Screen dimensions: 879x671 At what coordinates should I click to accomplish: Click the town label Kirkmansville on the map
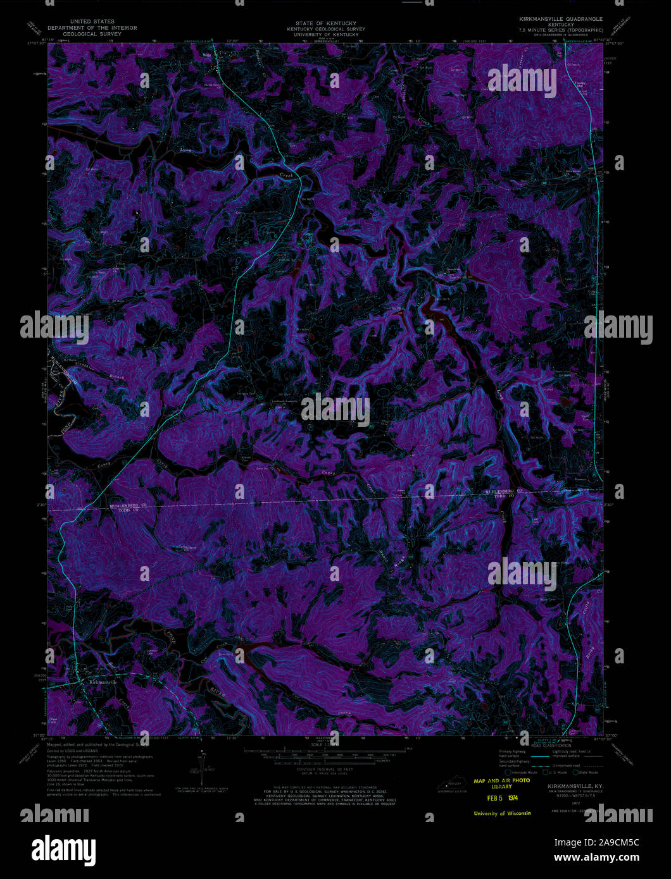click(101, 682)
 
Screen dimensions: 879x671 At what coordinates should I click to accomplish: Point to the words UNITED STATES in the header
click(94, 22)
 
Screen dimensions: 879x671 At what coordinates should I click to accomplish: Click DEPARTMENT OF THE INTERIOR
click(94, 28)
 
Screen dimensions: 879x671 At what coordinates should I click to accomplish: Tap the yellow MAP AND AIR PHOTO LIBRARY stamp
click(501, 784)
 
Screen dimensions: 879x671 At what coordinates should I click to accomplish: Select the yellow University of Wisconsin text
click(502, 813)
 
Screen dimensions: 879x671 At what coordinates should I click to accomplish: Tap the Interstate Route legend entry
click(522, 772)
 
